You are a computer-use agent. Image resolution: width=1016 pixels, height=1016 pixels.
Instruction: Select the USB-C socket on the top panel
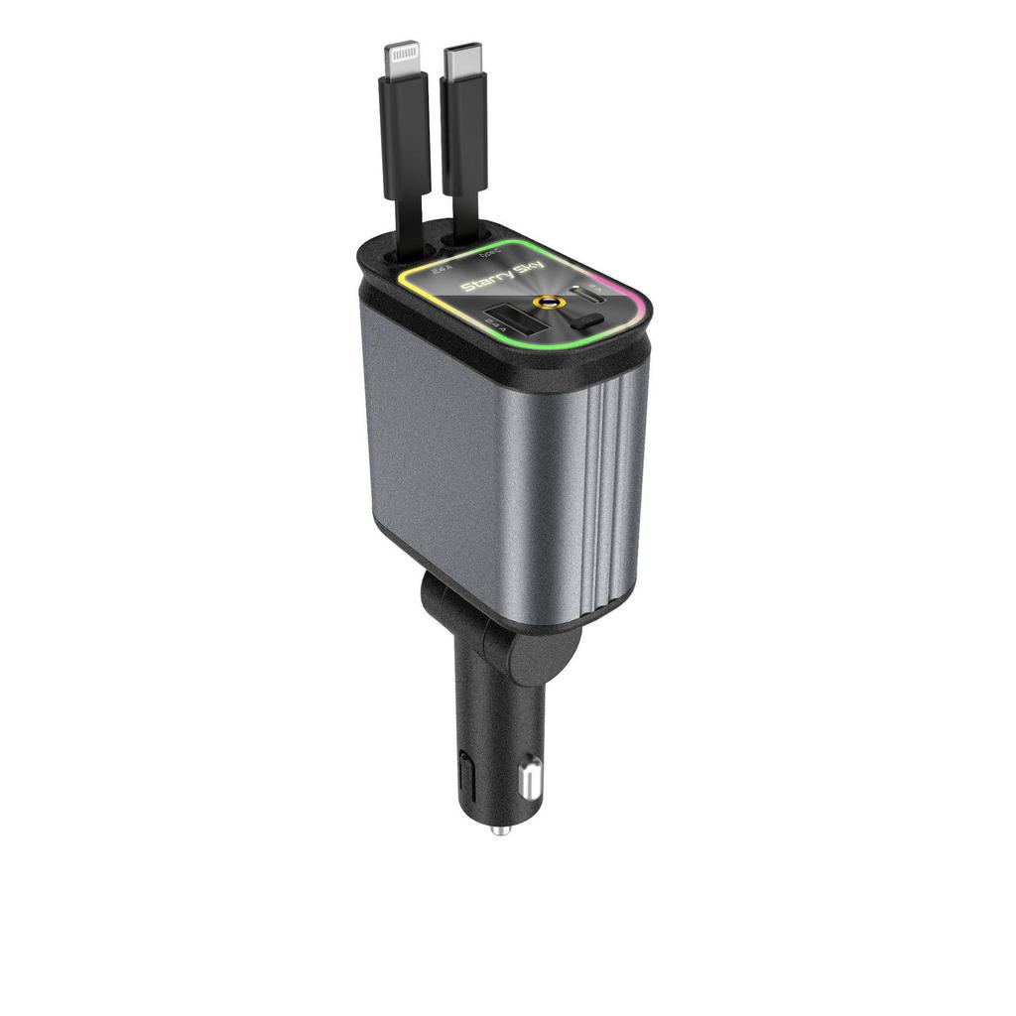[588, 294]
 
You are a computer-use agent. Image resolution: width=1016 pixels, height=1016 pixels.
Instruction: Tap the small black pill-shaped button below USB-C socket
[588, 320]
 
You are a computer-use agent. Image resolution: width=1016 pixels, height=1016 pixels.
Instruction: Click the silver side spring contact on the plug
[530, 777]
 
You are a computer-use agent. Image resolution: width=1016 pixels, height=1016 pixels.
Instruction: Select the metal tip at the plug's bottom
[501, 829]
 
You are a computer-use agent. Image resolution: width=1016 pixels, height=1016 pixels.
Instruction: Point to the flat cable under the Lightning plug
[408, 223]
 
